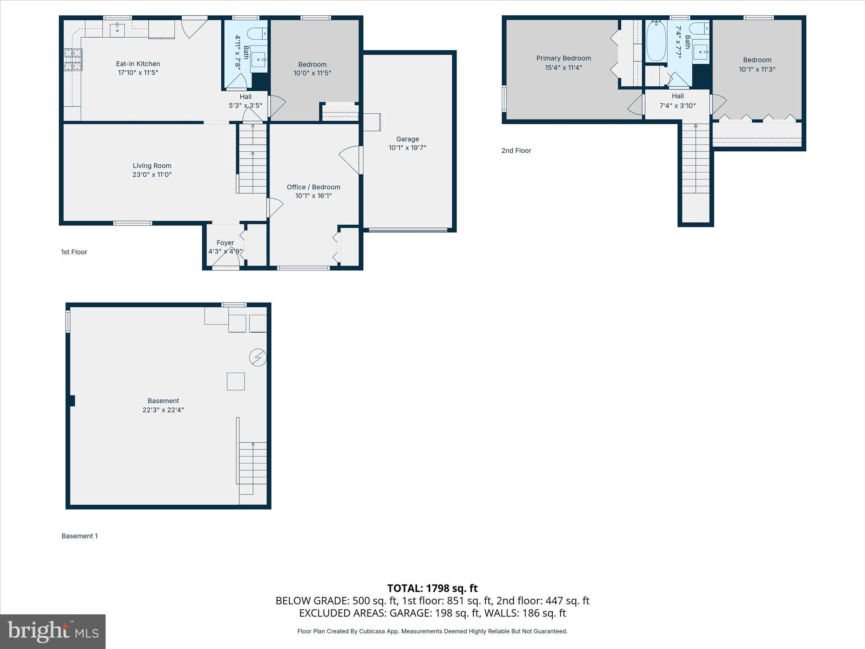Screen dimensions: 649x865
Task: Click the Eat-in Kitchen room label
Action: pyautogui.click(x=138, y=64)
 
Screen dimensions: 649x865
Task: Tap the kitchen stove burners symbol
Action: pyautogui.click(x=73, y=60)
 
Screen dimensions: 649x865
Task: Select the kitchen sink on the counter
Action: pyautogui.click(x=117, y=29)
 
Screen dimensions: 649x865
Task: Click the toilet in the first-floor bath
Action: pyautogui.click(x=257, y=33)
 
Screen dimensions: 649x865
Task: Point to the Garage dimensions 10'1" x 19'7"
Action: pyautogui.click(x=407, y=148)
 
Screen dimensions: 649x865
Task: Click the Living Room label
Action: pyautogui.click(x=152, y=166)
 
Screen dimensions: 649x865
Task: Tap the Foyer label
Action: pyautogui.click(x=225, y=243)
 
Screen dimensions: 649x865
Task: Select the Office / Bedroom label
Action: pyautogui.click(x=313, y=187)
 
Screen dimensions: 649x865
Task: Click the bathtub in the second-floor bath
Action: pyautogui.click(x=656, y=42)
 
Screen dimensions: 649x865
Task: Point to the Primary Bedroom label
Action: pyautogui.click(x=563, y=58)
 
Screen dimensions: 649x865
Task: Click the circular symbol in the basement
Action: pyautogui.click(x=258, y=358)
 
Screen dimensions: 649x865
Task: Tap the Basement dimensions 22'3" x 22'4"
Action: pyautogui.click(x=163, y=410)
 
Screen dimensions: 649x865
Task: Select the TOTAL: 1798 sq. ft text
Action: pyautogui.click(x=432, y=588)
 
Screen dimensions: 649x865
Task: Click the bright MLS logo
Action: pyautogui.click(x=53, y=631)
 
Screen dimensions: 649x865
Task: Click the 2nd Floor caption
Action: pyautogui.click(x=516, y=150)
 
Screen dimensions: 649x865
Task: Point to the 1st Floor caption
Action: pyautogui.click(x=74, y=252)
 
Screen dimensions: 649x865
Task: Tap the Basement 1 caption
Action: pyautogui.click(x=79, y=536)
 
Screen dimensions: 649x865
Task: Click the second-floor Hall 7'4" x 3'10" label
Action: pyautogui.click(x=677, y=101)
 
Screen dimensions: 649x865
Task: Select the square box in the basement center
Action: pyautogui.click(x=236, y=381)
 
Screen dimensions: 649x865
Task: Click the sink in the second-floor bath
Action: pyautogui.click(x=701, y=52)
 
